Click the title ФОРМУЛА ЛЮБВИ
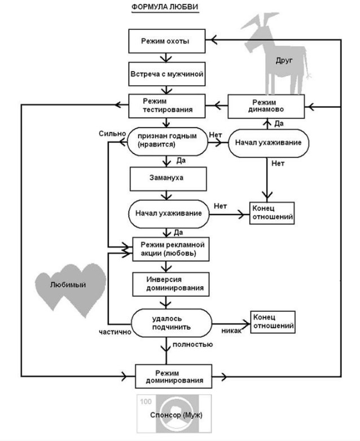coord(165,7)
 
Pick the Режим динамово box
coord(266,105)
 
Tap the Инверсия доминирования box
coord(166,283)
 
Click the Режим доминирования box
coord(169,376)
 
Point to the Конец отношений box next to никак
coord(273,321)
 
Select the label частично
coord(115,332)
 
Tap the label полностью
coord(193,344)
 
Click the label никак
coord(232,330)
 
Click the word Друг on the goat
coord(284,60)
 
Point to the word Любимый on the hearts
coord(68,285)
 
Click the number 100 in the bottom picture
coord(145,401)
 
